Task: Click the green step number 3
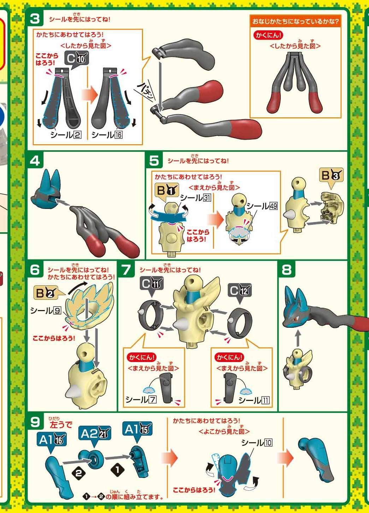pos(35,19)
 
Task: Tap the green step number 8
pos(287,269)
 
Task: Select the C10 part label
pos(76,59)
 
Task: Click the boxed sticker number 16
pos(118,135)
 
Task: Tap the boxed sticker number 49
pos(273,206)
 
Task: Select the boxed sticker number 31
pos(207,198)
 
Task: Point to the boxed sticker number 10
pos(268,443)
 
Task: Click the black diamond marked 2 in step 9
pos(78,473)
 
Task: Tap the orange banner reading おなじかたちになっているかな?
pos(295,22)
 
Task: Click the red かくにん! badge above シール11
pos(229,358)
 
